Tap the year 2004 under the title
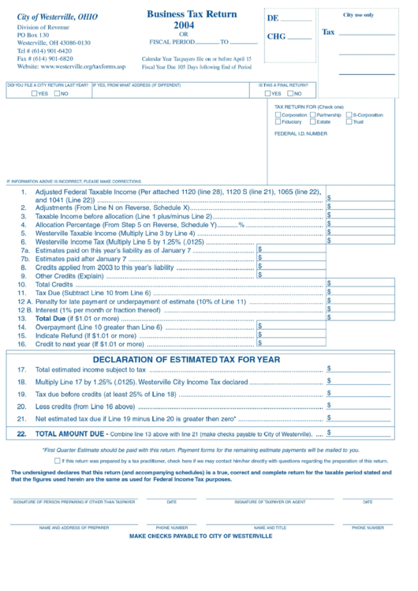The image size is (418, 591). (x=184, y=25)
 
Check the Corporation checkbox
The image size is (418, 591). (x=278, y=115)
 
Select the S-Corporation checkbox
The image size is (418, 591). (x=349, y=115)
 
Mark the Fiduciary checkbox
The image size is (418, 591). (x=278, y=122)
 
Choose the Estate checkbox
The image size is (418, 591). (x=313, y=122)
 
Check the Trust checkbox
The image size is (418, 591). (x=349, y=122)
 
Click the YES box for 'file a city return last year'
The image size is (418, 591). (x=34, y=94)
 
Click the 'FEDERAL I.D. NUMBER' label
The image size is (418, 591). (x=300, y=134)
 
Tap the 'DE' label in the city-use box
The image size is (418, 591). (x=273, y=18)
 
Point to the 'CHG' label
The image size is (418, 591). (x=276, y=36)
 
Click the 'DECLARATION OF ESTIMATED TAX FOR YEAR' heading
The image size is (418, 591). (x=186, y=359)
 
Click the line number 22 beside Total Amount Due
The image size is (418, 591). (x=21, y=434)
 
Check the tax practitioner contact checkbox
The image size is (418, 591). (x=80, y=461)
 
